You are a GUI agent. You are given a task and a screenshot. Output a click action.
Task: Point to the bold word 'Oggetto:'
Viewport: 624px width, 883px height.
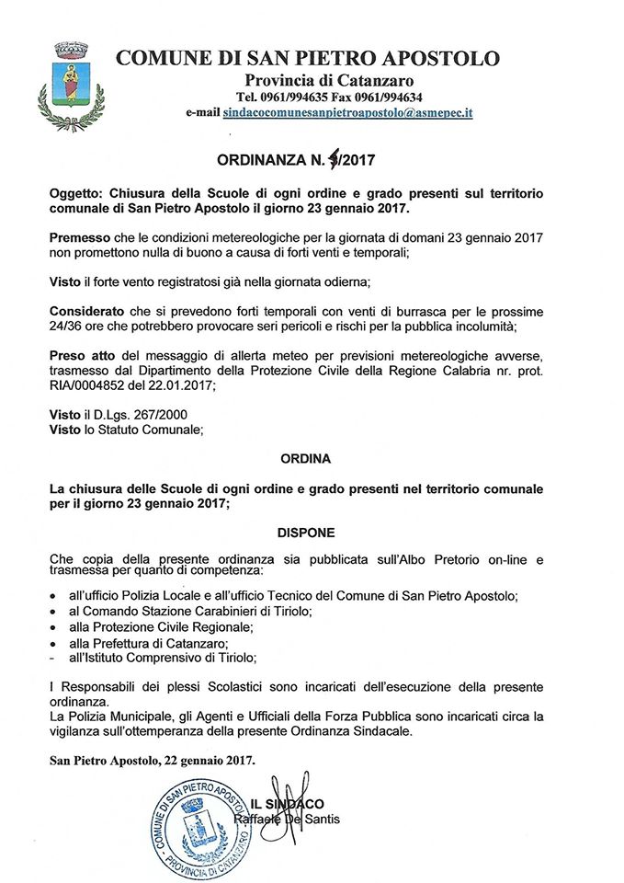click(78, 194)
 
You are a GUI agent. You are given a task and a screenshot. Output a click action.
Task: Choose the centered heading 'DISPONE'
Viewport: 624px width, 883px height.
click(308, 533)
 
